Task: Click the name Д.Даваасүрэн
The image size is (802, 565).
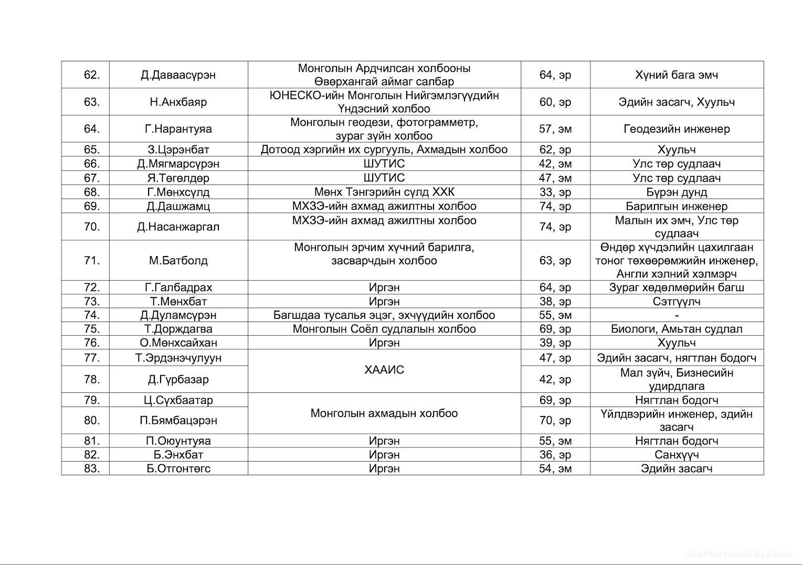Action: [178, 75]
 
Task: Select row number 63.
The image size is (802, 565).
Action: [91, 102]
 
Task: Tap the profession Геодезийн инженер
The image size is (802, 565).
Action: [677, 129]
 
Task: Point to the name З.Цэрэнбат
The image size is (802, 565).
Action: [178, 150]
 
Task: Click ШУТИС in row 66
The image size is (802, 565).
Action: [384, 164]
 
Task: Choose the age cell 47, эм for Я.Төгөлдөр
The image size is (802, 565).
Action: [555, 178]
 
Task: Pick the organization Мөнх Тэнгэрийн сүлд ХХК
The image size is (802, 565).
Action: [384, 192]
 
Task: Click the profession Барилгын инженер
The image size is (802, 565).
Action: [677, 206]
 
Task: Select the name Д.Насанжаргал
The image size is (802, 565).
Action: [178, 227]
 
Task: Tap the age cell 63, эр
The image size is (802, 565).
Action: [555, 260]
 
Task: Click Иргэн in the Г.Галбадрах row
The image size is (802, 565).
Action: [384, 287]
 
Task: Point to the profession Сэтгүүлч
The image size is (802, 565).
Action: [677, 302]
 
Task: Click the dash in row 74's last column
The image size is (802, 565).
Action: [677, 315]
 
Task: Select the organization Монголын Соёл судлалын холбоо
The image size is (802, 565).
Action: [384, 329]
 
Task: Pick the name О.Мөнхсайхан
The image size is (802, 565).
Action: [178, 343]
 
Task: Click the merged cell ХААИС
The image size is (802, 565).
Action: [384, 370]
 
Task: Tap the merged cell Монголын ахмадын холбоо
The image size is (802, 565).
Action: [384, 413]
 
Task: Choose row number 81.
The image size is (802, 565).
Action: [91, 441]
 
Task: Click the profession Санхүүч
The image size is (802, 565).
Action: [677, 455]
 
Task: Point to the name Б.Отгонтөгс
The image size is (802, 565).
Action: [178, 468]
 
